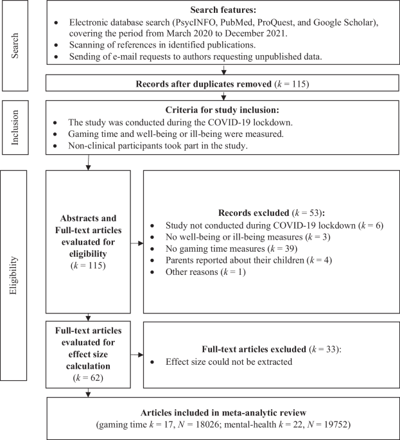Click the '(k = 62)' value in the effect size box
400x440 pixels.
88,378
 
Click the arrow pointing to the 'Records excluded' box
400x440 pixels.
136,243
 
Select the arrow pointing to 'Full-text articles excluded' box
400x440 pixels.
136,355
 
